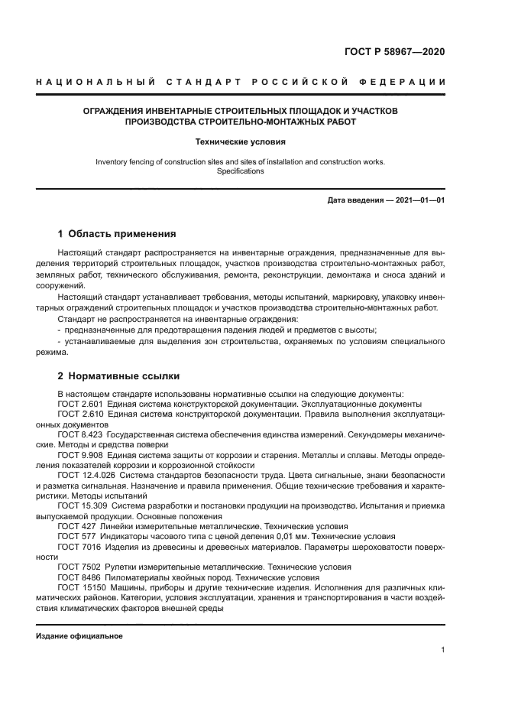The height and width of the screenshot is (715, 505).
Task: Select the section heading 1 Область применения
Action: [x=118, y=234]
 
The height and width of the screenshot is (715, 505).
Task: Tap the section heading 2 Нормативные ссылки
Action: [x=119, y=376]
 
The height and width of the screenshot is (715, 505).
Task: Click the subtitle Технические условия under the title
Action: [x=241, y=141]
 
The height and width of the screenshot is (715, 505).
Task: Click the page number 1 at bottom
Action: [x=443, y=650]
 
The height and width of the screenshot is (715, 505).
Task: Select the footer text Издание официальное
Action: [x=79, y=636]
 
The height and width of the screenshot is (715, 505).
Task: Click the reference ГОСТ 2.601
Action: [x=82, y=404]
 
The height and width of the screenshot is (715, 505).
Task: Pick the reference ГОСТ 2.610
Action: [x=82, y=414]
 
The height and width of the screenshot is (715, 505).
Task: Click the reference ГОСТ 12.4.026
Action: [x=86, y=474]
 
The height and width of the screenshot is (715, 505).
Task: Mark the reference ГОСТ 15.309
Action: [x=84, y=506]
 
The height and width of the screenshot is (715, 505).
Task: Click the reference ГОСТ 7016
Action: [x=79, y=547]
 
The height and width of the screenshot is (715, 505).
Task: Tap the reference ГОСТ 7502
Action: [x=79, y=567]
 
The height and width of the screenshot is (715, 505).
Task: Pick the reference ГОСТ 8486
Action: [x=79, y=577]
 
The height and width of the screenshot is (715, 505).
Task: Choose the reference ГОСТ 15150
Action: [x=82, y=588]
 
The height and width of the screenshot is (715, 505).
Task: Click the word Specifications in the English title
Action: [x=240, y=172]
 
